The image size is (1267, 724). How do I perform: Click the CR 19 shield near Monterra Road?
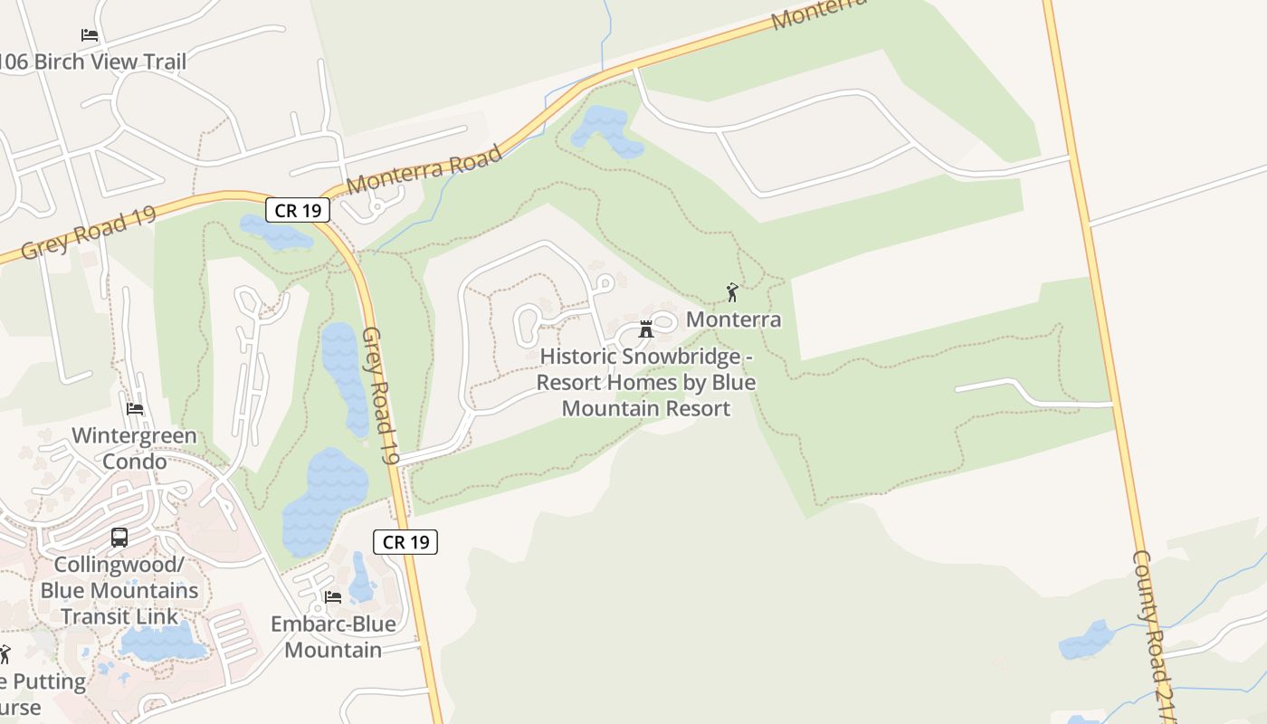coord(298,211)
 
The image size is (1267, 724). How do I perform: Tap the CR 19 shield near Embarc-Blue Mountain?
coord(405,542)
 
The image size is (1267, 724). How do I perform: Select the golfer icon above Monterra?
coord(732,292)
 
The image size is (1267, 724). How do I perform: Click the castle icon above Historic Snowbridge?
coord(646,329)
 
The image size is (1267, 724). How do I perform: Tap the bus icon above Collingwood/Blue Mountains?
coord(119,538)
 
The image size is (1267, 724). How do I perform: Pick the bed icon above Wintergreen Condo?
coord(135,409)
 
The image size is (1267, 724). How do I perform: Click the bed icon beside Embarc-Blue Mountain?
coord(333,597)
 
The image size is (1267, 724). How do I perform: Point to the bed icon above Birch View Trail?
coord(90,35)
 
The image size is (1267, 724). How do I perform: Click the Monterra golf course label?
coord(733,319)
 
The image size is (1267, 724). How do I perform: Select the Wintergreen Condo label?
coord(134,449)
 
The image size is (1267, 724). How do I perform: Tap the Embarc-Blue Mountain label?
coord(333,637)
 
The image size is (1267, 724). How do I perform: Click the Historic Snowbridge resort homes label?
coord(646,383)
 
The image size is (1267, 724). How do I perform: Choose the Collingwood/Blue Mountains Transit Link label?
coord(119,591)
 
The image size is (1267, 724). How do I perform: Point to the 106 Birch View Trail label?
coord(92,62)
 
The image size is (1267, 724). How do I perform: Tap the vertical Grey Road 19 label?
coord(380,396)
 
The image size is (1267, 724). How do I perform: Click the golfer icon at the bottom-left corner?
coord(5,654)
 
